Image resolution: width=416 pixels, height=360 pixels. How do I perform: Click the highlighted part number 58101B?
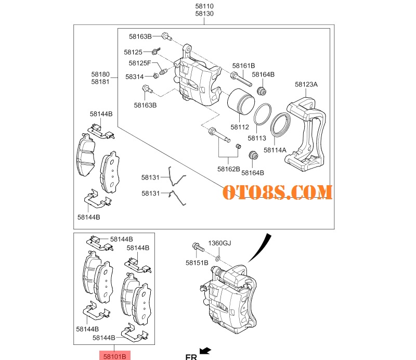tap(114, 356)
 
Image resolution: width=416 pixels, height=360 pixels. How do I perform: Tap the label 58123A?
tap(306, 84)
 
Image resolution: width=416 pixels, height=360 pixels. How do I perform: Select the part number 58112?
tap(240, 127)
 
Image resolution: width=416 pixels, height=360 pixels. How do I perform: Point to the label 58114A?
tap(275, 150)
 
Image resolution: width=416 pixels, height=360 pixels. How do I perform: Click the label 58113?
tap(257, 138)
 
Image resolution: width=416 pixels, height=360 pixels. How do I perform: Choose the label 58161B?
tap(243, 66)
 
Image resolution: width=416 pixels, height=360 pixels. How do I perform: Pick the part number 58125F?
tap(140, 63)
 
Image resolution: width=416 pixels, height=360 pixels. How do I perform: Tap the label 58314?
tap(135, 76)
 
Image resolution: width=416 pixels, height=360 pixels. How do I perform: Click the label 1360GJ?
tap(219, 243)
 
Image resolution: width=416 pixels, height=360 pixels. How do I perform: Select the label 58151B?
tap(197, 263)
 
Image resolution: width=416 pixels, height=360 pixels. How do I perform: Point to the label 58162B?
tap(228, 169)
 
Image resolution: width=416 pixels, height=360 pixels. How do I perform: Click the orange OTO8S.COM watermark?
tap(277, 192)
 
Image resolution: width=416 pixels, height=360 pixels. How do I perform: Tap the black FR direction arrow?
tap(205, 351)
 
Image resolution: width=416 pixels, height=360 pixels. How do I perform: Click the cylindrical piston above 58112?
tap(241, 101)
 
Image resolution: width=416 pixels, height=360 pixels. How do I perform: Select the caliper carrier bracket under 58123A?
tap(306, 134)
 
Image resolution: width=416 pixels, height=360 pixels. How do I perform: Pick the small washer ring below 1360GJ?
tap(217, 258)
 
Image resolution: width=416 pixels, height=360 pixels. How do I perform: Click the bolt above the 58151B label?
tap(198, 247)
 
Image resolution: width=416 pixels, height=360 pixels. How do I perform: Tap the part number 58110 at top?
tap(204, 6)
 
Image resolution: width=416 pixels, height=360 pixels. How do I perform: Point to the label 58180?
tap(100, 74)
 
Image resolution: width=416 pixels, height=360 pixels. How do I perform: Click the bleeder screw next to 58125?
tap(157, 50)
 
